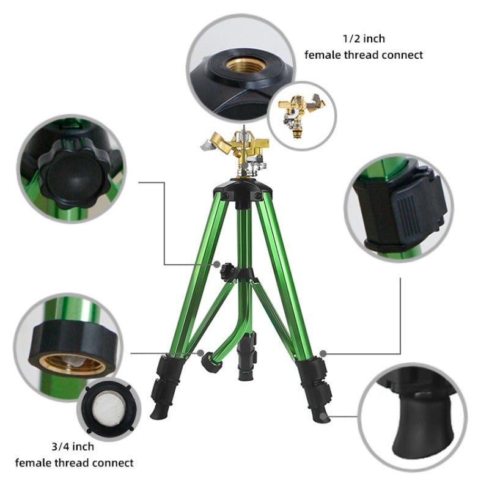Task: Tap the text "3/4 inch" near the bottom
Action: (74, 447)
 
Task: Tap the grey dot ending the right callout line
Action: (322, 353)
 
